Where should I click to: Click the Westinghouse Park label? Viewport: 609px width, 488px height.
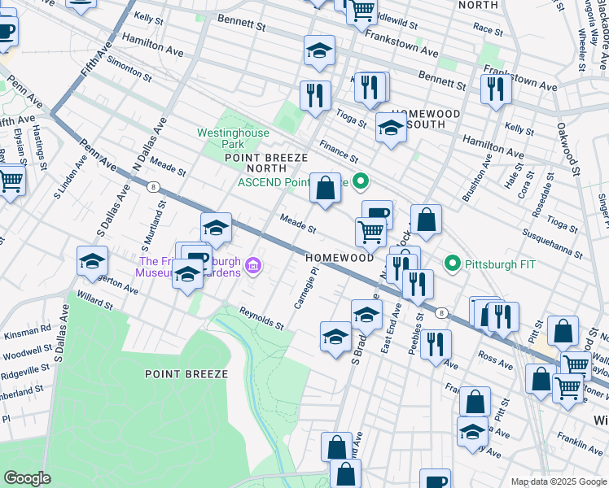(x=221, y=138)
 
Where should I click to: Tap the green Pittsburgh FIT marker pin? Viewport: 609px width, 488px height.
(x=453, y=264)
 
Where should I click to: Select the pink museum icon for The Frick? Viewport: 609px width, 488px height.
(x=253, y=266)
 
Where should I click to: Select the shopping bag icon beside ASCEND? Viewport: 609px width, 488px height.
(x=325, y=189)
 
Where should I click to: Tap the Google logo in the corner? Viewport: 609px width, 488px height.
(x=28, y=478)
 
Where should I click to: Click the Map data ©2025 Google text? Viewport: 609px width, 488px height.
(x=558, y=481)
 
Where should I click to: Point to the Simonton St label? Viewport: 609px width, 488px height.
(x=125, y=70)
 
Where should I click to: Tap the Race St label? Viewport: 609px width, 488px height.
(x=488, y=29)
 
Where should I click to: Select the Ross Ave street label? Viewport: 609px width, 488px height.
(x=494, y=357)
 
